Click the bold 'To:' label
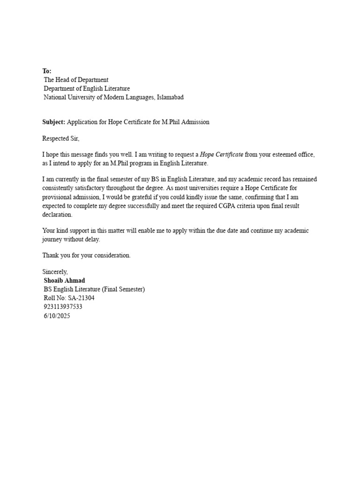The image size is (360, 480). [x=47, y=71]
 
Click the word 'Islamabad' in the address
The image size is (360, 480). [x=170, y=97]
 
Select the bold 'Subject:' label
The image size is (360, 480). [x=54, y=122]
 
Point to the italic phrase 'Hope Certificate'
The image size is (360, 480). [x=222, y=155]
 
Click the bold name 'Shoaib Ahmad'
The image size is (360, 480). [x=65, y=280]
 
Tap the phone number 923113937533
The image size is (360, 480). [x=63, y=307]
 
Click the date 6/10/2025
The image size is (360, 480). [x=57, y=316]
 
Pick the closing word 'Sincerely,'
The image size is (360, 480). [x=55, y=272]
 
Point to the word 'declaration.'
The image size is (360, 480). [x=58, y=215]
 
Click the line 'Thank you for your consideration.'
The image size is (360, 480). [x=87, y=255]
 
